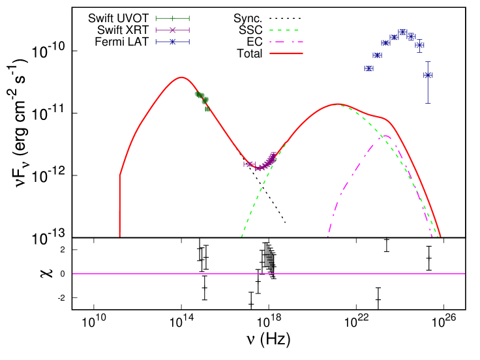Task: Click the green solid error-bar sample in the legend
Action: (172, 18)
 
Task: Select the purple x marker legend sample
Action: (172, 30)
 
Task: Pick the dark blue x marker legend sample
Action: (172, 42)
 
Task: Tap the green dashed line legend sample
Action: (285, 30)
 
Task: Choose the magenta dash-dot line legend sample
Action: (285, 42)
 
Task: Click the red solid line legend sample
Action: (286, 53)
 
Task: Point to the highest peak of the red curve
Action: (181, 77)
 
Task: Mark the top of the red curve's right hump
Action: (338, 104)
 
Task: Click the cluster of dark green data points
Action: (202, 98)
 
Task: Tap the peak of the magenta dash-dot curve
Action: (385, 136)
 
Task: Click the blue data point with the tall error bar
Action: (428, 76)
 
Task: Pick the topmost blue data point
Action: (403, 31)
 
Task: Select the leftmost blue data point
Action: (368, 68)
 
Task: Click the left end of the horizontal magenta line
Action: (73, 274)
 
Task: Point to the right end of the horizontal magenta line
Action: (464, 274)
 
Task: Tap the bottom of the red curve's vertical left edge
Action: (120, 236)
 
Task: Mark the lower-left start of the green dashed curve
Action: (242, 235)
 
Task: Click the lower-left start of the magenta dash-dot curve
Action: (328, 235)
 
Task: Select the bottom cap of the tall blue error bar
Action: (428, 103)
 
